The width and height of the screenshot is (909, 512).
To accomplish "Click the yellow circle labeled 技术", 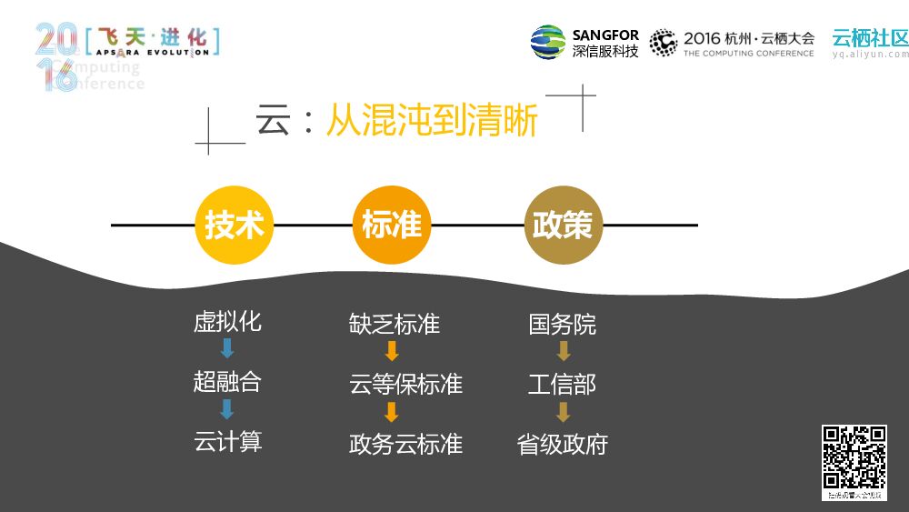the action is click(x=235, y=226).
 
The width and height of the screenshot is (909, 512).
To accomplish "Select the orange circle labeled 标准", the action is click(x=392, y=226).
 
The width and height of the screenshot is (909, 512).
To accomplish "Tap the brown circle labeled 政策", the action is click(x=563, y=226).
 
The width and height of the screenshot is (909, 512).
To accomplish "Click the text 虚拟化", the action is click(x=227, y=322).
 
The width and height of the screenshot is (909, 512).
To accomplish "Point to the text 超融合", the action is click(x=227, y=381).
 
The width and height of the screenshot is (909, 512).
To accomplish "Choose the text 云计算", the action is click(x=228, y=442).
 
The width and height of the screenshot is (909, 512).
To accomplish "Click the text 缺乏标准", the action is click(x=395, y=324).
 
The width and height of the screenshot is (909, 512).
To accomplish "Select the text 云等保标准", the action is click(x=405, y=384).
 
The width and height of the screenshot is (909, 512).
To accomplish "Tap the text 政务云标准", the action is click(x=405, y=444).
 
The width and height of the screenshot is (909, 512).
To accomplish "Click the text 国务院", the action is click(x=563, y=324).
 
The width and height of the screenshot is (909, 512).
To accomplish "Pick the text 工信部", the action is click(x=563, y=384).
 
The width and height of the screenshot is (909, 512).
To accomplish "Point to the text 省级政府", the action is click(x=563, y=444).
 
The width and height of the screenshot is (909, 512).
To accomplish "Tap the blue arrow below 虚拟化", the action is click(x=227, y=348).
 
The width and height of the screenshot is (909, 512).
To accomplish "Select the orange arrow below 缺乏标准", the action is click(x=392, y=351).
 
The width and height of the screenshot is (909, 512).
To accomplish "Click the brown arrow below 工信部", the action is click(x=563, y=412).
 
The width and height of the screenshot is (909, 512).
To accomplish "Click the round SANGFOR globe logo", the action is click(x=548, y=42).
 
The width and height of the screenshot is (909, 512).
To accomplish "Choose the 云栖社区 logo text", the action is click(x=870, y=37).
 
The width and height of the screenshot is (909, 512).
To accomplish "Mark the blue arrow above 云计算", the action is click(x=227, y=409).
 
